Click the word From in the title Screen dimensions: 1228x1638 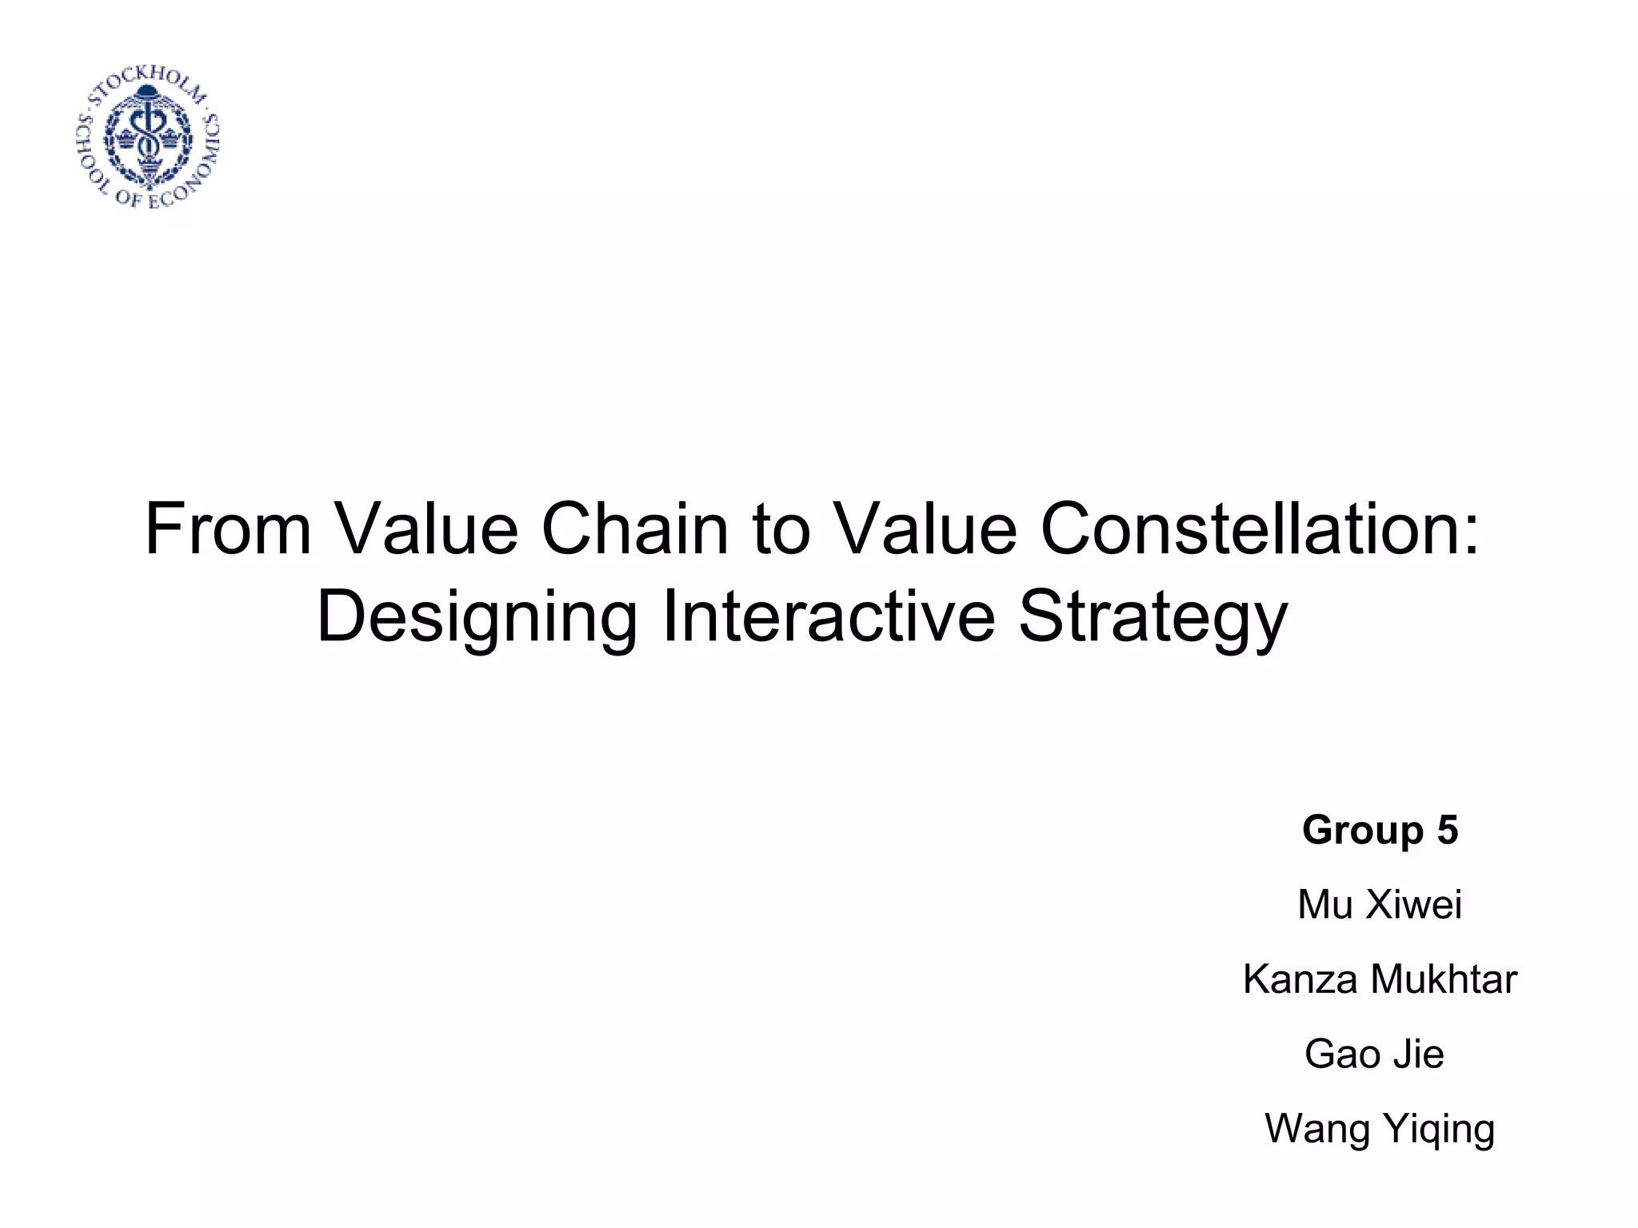tap(228, 530)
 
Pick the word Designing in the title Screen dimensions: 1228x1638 tap(477, 617)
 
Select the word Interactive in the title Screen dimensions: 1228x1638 tap(829, 617)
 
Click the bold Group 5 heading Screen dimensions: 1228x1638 tap(1380, 830)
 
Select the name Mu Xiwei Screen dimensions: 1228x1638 tap(1380, 905)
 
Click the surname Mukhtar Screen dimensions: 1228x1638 tap(1444, 979)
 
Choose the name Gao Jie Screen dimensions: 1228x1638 tap(1374, 1054)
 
